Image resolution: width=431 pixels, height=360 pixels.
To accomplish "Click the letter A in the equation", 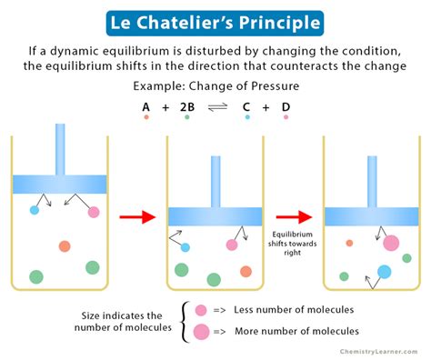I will [x=145, y=106].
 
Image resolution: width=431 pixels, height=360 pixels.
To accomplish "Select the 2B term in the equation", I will [x=186, y=106].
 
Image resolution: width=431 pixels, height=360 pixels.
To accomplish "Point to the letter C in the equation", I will [x=247, y=106].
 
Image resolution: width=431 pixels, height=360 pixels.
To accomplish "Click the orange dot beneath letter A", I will [x=145, y=118].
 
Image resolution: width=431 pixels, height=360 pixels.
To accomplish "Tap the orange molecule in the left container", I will [x=65, y=246].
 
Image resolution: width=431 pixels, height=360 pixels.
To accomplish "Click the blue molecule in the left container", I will [x=35, y=210].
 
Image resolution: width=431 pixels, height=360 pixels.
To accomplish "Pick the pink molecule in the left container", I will [x=94, y=213].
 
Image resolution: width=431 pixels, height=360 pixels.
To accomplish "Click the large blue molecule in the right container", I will [x=385, y=271].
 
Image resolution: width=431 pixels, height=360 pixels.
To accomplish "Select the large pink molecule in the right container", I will [x=391, y=243].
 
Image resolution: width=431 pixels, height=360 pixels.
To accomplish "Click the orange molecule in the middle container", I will [x=246, y=271].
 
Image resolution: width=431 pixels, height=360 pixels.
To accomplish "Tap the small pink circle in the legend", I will [x=201, y=310].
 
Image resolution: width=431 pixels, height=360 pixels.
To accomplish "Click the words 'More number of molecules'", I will [x=296, y=332].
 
